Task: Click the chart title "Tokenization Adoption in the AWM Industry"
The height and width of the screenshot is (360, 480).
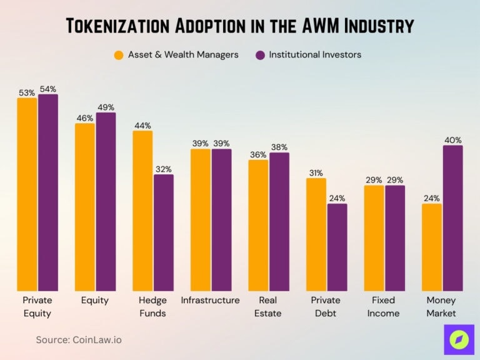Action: pyautogui.click(x=240, y=26)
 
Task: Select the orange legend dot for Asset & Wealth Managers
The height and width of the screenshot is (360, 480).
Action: pyautogui.click(x=119, y=55)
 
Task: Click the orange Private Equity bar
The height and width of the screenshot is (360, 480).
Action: pyautogui.click(x=27, y=194)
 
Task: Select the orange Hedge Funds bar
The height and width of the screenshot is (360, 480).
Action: pyautogui.click(x=142, y=211)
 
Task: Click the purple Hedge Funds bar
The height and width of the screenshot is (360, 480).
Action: pyautogui.click(x=163, y=232)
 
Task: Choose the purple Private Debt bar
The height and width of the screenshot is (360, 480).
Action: pyautogui.click(x=337, y=247)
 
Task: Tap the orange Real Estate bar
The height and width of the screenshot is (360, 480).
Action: pyautogui.click(x=258, y=225)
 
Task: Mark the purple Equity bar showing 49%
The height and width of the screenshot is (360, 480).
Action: pyautogui.click(x=106, y=201)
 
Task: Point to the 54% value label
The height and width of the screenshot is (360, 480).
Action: pyautogui.click(x=48, y=88)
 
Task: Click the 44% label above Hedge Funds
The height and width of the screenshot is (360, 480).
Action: pyautogui.click(x=142, y=125)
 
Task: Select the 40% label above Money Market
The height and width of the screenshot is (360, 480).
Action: pyautogui.click(x=452, y=140)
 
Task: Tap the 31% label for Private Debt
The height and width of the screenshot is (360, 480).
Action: pyautogui.click(x=316, y=173)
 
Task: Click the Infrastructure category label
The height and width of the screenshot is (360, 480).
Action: pyautogui.click(x=210, y=301)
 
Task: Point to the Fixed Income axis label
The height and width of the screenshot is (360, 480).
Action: pyautogui.click(x=383, y=307)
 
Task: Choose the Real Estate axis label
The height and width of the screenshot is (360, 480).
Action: pyautogui.click(x=268, y=307)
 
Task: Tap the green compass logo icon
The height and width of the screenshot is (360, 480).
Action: pyautogui.click(x=459, y=339)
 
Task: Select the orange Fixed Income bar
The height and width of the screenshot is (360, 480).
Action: pyautogui.click(x=374, y=237)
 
